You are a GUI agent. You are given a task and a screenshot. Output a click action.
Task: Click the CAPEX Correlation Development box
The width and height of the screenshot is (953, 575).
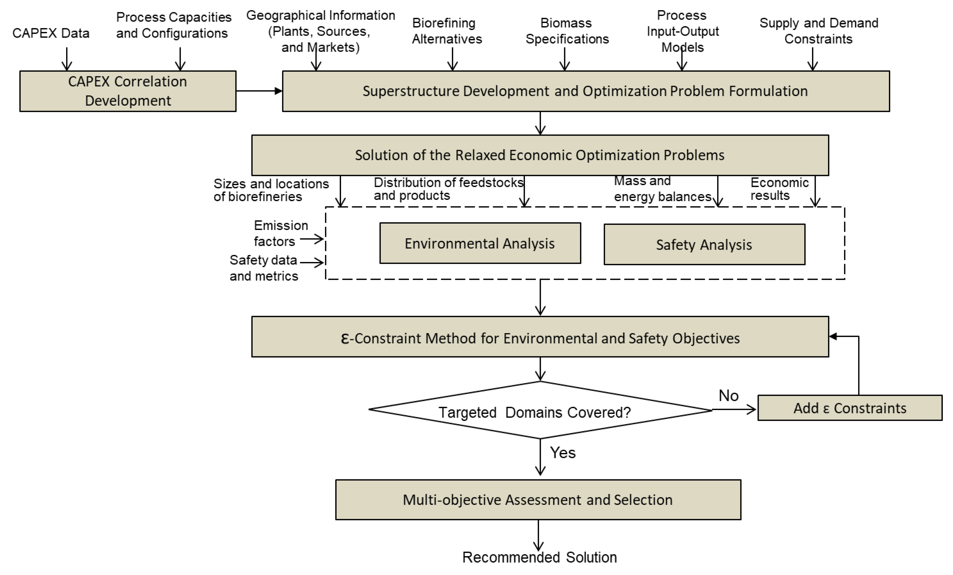tap(128, 91)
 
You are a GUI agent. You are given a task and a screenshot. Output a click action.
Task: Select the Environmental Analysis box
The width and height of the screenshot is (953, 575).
tap(480, 243)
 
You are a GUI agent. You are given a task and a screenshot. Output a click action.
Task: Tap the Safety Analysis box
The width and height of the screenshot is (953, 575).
tap(704, 245)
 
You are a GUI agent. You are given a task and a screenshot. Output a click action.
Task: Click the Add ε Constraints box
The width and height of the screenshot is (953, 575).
tap(850, 408)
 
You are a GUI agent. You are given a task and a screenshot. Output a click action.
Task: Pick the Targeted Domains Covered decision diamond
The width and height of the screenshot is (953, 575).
tap(540, 411)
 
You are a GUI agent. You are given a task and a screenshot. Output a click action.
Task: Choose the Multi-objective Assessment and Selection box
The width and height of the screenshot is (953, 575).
tap(538, 500)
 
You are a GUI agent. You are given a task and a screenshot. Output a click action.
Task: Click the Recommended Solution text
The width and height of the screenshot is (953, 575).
tap(540, 557)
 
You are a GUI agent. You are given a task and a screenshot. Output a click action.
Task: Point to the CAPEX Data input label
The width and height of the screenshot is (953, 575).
tap(51, 33)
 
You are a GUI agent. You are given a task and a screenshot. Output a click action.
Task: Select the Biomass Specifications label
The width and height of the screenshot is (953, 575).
tap(567, 31)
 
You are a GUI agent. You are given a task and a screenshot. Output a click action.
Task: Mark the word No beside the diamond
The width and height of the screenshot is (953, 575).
tap(728, 396)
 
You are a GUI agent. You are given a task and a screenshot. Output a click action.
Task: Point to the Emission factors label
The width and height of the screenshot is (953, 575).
tap(281, 233)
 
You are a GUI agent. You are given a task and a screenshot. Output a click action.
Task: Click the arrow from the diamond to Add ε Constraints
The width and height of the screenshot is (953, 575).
tap(734, 409)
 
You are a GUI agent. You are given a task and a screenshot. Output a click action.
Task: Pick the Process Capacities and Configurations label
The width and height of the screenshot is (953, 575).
tap(174, 25)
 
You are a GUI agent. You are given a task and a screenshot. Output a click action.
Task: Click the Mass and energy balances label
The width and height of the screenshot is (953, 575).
tap(662, 189)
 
